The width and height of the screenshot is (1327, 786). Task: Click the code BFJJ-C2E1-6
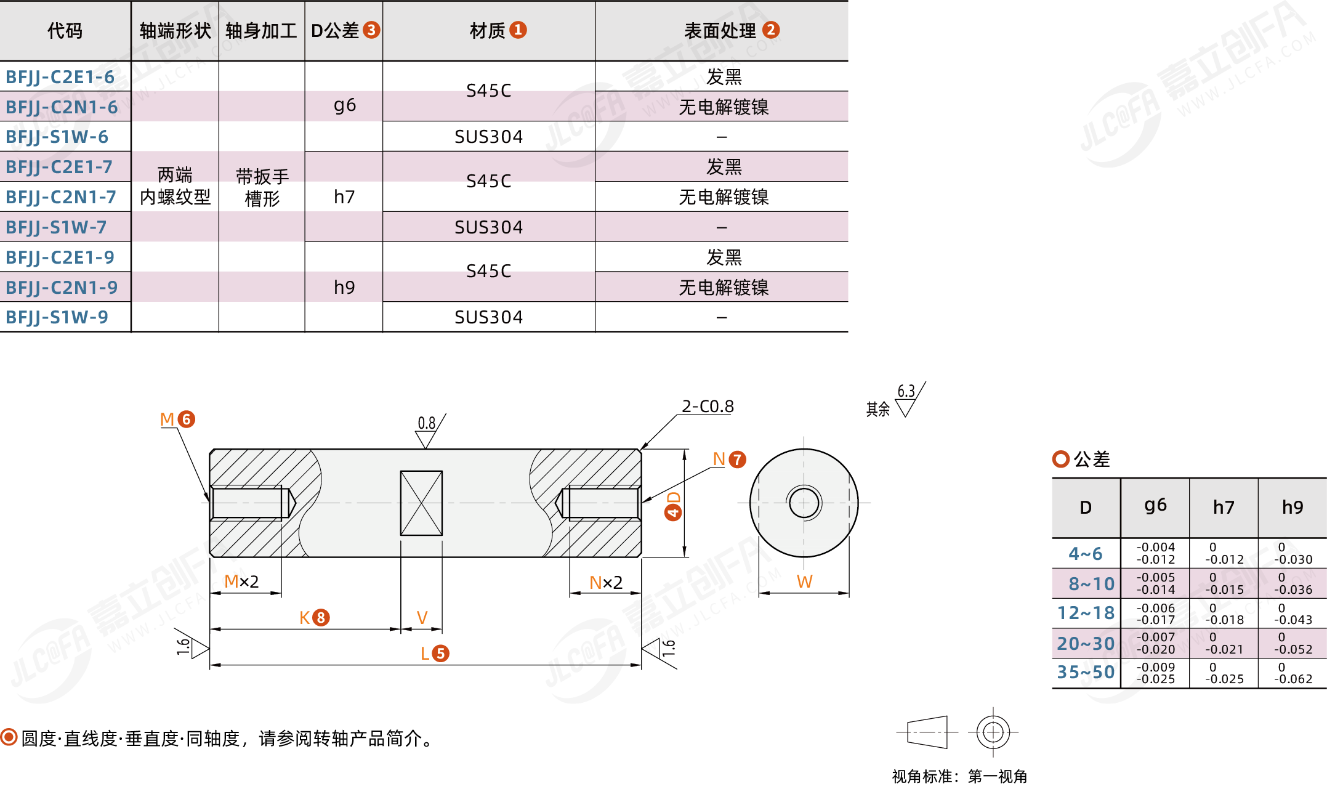pyautogui.click(x=60, y=77)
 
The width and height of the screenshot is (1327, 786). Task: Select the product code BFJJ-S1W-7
pyautogui.click(x=56, y=227)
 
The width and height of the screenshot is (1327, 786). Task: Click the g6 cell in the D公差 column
pyautogui.click(x=344, y=105)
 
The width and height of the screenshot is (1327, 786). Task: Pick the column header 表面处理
pyautogui.click(x=720, y=31)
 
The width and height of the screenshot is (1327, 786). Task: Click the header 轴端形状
pyautogui.click(x=175, y=31)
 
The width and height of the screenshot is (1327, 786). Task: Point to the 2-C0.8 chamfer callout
pyautogui.click(x=708, y=407)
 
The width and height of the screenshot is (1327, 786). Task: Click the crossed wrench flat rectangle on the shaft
pyautogui.click(x=421, y=503)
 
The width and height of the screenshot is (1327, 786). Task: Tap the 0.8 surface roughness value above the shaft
pyautogui.click(x=426, y=423)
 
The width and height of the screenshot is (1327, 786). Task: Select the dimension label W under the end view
pyautogui.click(x=804, y=581)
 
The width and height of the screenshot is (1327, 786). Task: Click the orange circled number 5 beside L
pyautogui.click(x=440, y=654)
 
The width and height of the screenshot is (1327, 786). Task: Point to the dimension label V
pyautogui.click(x=422, y=618)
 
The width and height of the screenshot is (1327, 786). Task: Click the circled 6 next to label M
pyautogui.click(x=187, y=419)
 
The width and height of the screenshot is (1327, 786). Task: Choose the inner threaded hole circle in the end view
pyautogui.click(x=804, y=503)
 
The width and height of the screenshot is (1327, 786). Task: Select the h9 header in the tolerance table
pyautogui.click(x=1292, y=508)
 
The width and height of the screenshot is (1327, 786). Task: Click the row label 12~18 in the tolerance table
pyautogui.click(x=1086, y=613)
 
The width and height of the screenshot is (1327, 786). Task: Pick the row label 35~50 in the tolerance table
pyautogui.click(x=1086, y=672)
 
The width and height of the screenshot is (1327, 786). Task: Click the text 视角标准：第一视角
pyautogui.click(x=959, y=776)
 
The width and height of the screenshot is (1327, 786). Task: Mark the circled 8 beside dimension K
pyautogui.click(x=321, y=617)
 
